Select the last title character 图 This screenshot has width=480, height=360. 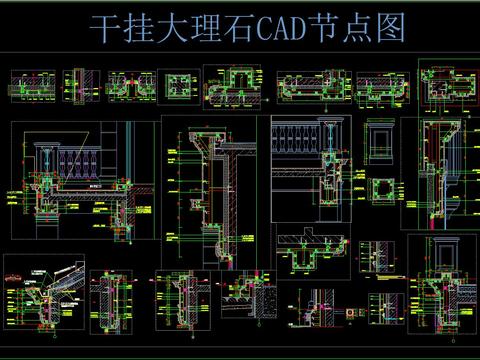[x=391, y=30]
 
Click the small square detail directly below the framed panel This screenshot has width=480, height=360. [x=381, y=192]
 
